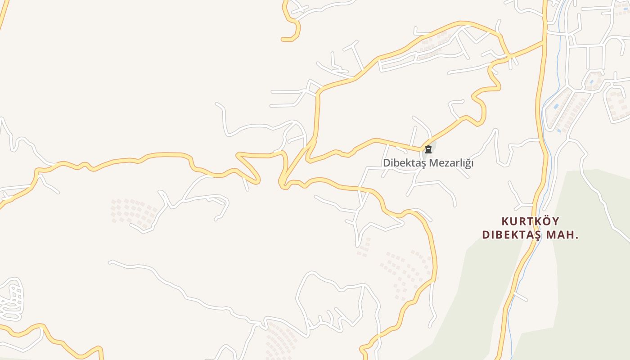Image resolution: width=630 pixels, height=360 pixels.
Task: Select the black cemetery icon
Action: (428, 149)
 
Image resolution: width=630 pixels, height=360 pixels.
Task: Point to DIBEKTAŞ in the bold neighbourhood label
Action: (513, 235)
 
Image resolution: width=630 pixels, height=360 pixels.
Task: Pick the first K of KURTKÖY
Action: (505, 221)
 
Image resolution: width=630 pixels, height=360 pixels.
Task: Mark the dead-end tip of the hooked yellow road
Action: (283, 40)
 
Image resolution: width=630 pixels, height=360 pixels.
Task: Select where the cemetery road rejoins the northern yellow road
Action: (508, 57)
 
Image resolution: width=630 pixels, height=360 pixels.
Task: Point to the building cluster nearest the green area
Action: (407, 270)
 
